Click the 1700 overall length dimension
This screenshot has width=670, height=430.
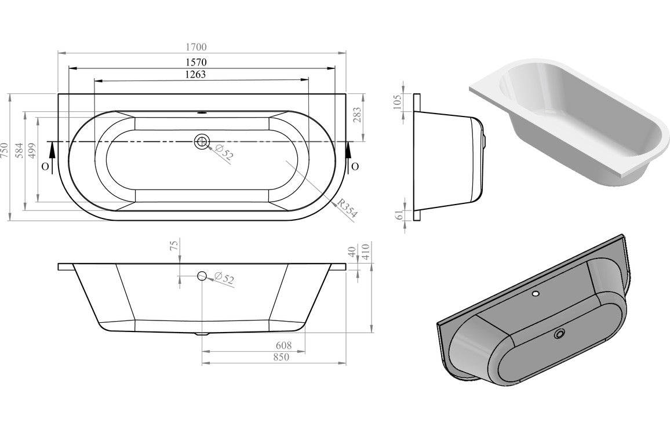pyautogui.click(x=196, y=47)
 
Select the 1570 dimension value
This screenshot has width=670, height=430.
pyautogui.click(x=196, y=61)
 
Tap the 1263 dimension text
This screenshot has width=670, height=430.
pyautogui.click(x=195, y=74)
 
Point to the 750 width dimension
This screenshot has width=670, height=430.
pyautogui.click(x=5, y=150)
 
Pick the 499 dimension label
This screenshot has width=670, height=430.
pyautogui.click(x=32, y=150)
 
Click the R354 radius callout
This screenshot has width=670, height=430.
pyautogui.click(x=347, y=209)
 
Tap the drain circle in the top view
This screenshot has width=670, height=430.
pyautogui.click(x=202, y=141)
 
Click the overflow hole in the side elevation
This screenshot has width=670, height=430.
pyautogui.click(x=202, y=276)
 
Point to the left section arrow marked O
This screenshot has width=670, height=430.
pyautogui.click(x=50, y=154)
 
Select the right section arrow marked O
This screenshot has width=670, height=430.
pyautogui.click(x=349, y=155)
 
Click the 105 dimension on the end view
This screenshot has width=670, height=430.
pyautogui.click(x=397, y=102)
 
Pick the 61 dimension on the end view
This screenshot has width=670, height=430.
pyautogui.click(x=397, y=214)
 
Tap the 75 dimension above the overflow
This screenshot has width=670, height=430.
pyautogui.click(x=172, y=246)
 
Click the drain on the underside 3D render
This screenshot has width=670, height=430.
pyautogui.click(x=559, y=334)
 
